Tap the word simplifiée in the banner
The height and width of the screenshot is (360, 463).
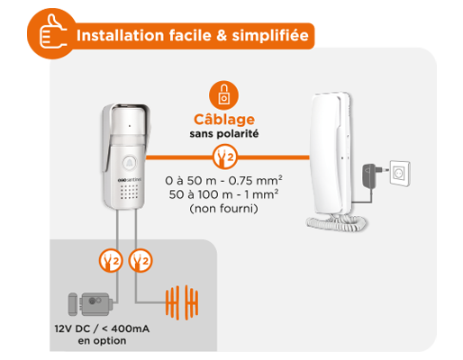(270, 37)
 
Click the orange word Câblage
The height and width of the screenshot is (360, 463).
(224, 119)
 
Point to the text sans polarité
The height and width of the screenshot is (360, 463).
(224, 135)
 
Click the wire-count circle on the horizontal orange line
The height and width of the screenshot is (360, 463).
(224, 158)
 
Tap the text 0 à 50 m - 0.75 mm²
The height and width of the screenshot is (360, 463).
(224, 179)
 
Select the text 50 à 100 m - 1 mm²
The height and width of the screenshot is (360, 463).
(224, 193)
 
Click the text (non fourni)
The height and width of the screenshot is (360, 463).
(224, 209)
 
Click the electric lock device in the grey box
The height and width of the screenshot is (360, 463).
(90, 305)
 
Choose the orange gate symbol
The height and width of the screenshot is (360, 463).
(181, 303)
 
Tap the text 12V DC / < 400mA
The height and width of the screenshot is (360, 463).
(101, 329)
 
